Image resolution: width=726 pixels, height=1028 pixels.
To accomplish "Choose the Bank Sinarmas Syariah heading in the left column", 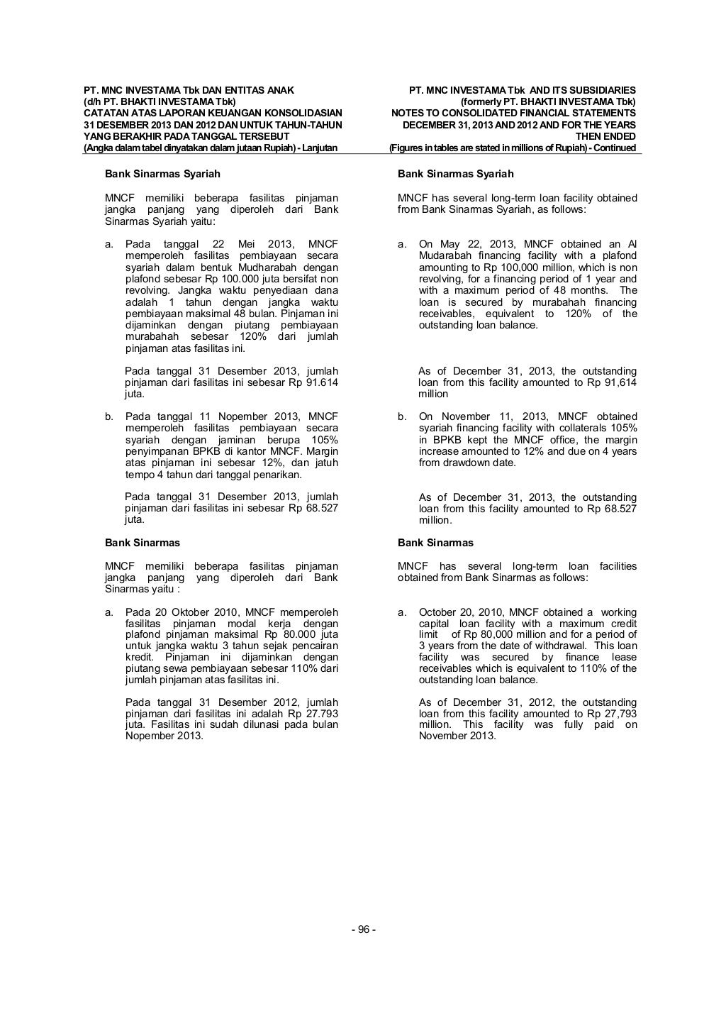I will pyautogui.click(x=162, y=174).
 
